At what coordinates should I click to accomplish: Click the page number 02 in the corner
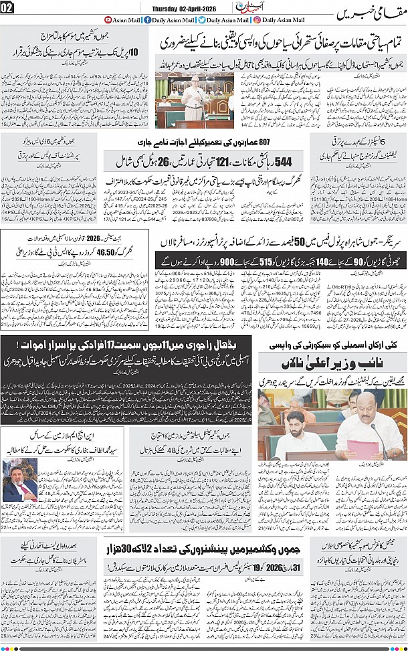pos(7,7)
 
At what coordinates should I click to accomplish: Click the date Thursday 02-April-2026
pos(179,7)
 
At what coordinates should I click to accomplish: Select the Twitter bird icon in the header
pos(202,20)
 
